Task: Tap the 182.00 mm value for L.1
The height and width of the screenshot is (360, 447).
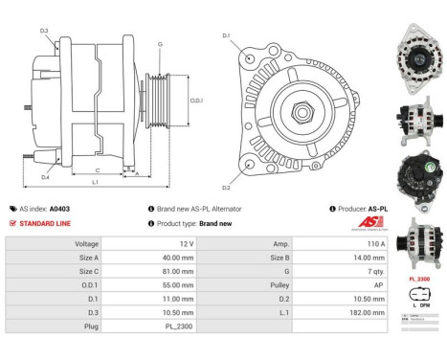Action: point(351,312)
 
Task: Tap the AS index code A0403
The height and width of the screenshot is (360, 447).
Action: point(59,208)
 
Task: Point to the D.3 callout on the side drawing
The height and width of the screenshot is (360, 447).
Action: point(45,31)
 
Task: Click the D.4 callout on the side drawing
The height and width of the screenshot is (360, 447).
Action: point(45,177)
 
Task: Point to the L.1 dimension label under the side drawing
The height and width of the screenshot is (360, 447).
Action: point(95,181)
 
